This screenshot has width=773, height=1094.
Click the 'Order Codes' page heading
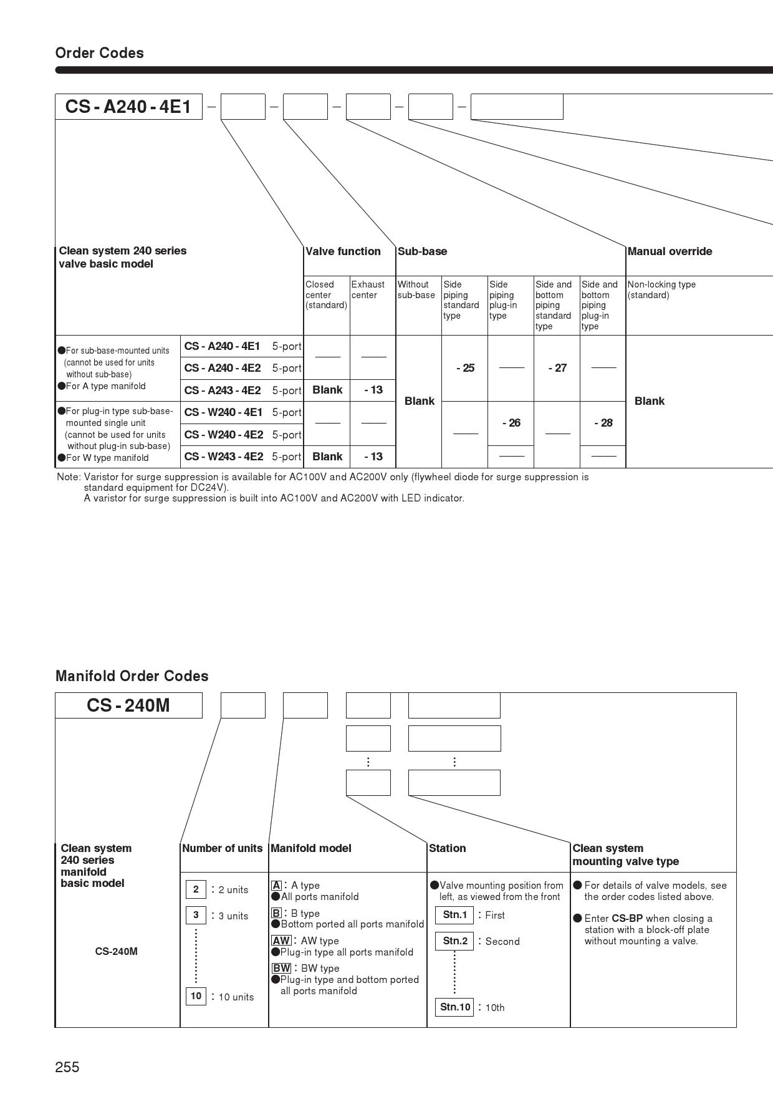(100, 53)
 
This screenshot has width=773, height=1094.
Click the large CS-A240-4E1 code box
(128, 107)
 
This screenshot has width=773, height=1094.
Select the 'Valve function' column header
(343, 251)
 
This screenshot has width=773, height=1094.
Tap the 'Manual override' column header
(670, 251)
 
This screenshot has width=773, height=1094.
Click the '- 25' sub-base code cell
(465, 368)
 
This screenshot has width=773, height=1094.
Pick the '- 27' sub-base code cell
(557, 368)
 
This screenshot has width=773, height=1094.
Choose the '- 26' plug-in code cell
(511, 423)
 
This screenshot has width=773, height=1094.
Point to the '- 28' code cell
(603, 423)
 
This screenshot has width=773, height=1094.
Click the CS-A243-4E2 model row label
(223, 390)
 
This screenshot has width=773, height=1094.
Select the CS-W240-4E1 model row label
(223, 412)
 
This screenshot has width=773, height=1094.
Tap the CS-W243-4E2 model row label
(223, 457)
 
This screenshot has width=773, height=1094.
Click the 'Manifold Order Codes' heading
(132, 676)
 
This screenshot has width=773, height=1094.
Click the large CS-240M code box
(128, 705)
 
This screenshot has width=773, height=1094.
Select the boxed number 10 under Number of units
(196, 996)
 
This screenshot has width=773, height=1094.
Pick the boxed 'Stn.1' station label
(454, 915)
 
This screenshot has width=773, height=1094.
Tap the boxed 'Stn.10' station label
(455, 1007)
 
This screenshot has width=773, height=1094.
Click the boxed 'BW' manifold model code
(281, 968)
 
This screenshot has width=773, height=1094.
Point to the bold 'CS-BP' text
(627, 918)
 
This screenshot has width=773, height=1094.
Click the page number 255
(67, 1067)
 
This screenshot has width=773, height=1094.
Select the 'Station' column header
(447, 848)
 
